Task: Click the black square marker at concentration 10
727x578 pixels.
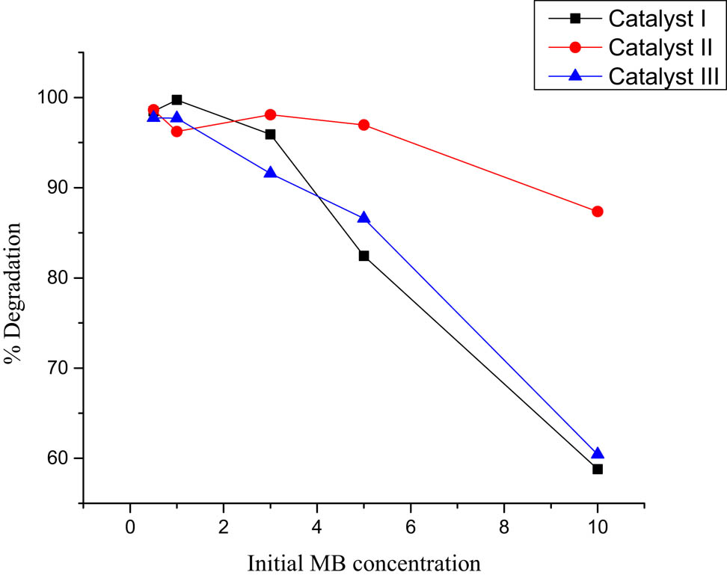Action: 598,469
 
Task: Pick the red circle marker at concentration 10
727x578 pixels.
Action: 598,212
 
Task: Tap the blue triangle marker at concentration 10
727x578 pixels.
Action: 598,454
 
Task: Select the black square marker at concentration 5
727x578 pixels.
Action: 363,256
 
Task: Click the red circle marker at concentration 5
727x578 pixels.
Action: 363,125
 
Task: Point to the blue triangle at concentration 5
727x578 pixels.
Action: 363,218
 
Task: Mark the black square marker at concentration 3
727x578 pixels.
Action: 270,135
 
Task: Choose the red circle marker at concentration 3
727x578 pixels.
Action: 270,114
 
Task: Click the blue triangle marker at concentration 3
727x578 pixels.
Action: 270,173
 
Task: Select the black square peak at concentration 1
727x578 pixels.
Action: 177,99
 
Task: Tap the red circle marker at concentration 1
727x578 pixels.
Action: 177,132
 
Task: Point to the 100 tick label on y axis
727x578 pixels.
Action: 61,98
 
